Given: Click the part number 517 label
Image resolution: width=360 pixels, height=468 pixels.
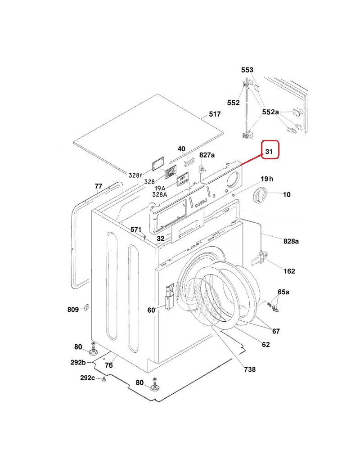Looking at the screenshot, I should (215, 114).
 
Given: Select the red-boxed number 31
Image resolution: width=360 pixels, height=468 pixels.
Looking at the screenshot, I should (269, 152).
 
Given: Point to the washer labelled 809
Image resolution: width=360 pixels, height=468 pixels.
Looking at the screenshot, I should (85, 308).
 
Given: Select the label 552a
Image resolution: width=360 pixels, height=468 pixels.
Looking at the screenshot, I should (270, 112).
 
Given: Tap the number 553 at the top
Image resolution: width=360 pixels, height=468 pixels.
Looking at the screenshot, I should (247, 70).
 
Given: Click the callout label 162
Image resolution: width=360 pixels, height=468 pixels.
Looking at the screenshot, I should (289, 271).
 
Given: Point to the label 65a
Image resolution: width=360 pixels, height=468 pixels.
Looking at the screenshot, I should (283, 292).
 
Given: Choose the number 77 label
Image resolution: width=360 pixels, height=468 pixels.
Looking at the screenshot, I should (98, 186).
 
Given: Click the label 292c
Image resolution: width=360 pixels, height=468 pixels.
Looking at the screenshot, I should (87, 378).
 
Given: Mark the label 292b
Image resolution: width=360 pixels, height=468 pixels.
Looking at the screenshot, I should (78, 362).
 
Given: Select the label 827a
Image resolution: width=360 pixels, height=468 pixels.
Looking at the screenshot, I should (207, 155).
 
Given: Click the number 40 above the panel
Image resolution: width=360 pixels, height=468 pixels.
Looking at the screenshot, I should (181, 149).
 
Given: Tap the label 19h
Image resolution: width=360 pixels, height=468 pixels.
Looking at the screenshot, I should (267, 179).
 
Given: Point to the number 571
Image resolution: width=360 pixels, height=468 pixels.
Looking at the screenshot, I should (136, 229).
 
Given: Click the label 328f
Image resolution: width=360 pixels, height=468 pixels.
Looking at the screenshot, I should (135, 175).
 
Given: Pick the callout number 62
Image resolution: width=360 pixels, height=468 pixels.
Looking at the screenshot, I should (265, 345).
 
